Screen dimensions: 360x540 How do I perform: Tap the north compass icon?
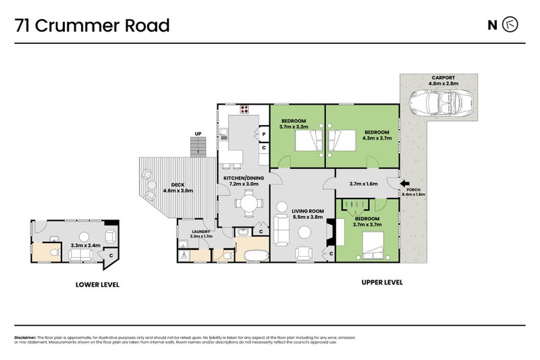[x=511, y=25]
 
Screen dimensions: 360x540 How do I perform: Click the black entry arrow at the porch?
[x=404, y=183]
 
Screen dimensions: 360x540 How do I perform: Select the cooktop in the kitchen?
[x=244, y=109]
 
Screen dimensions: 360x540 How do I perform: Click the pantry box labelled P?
[x=263, y=134]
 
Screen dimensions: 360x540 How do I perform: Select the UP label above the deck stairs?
[x=198, y=134]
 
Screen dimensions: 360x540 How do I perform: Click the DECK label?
[x=178, y=184]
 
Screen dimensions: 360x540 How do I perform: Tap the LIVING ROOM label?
[x=308, y=211]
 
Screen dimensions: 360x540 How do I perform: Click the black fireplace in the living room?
[x=329, y=234]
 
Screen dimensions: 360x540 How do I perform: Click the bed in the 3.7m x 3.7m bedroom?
[x=373, y=244]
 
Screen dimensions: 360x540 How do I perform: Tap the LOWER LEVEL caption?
[x=97, y=285]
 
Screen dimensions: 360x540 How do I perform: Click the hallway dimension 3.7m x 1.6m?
[x=363, y=183]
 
